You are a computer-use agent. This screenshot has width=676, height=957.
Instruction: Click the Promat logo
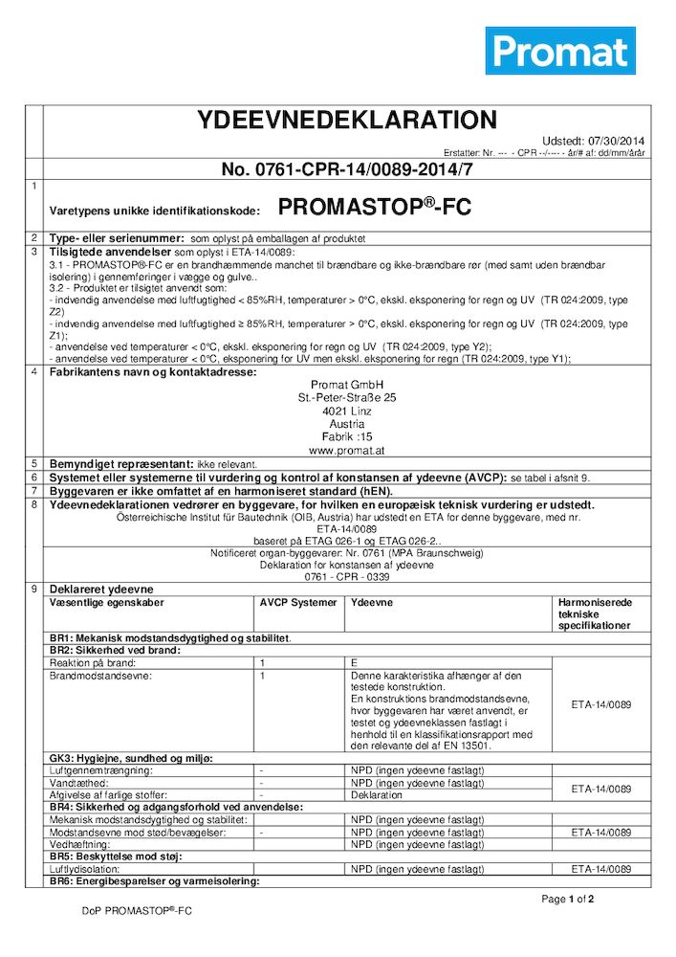[x=560, y=51]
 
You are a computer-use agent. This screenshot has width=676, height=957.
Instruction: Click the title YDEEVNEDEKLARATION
[x=346, y=121]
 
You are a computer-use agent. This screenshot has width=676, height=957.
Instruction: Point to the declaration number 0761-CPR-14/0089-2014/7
[x=347, y=169]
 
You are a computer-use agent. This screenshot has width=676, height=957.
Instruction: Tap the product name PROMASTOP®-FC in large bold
[x=375, y=207]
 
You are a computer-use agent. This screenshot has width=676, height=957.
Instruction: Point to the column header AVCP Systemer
[x=298, y=603]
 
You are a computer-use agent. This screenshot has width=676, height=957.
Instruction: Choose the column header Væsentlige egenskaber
[x=107, y=603]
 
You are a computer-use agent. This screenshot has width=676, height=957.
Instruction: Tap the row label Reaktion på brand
[x=93, y=662]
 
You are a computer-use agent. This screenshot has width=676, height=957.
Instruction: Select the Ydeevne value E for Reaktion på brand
[x=355, y=662]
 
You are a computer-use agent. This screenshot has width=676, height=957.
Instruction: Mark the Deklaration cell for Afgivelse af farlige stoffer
[x=377, y=794]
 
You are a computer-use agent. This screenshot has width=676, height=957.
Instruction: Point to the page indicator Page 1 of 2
[x=568, y=900]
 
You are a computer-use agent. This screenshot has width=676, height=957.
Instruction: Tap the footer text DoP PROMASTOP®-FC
[x=137, y=912]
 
